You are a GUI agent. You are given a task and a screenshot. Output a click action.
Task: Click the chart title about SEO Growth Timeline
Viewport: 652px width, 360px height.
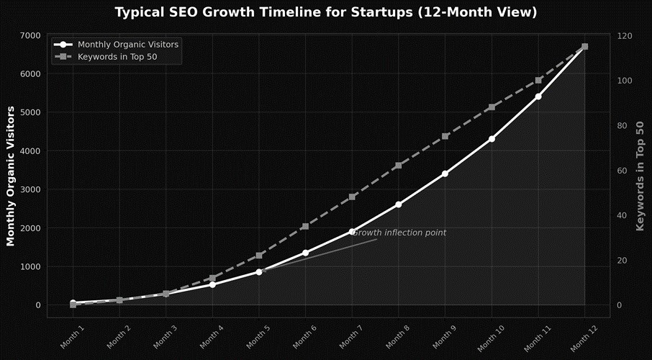(x=326, y=12)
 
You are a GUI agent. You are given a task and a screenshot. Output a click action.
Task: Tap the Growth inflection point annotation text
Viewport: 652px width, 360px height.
(x=399, y=233)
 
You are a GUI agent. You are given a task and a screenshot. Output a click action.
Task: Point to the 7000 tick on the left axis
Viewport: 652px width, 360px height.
(x=30, y=35)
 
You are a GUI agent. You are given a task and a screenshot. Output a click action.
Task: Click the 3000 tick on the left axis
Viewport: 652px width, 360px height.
(x=30, y=189)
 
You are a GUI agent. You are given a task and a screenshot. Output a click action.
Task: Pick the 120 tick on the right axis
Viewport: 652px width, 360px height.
(x=622, y=35)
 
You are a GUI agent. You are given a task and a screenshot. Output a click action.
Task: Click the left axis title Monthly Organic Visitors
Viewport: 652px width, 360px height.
(x=11, y=176)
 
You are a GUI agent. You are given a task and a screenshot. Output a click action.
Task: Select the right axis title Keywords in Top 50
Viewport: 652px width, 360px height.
(x=640, y=176)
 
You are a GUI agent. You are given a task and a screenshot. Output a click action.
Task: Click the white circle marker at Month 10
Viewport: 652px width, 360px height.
(x=492, y=139)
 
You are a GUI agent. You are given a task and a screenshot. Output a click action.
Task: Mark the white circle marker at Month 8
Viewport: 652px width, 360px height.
(x=399, y=204)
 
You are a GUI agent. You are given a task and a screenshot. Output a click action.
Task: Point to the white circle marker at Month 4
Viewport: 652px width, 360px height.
(x=212, y=284)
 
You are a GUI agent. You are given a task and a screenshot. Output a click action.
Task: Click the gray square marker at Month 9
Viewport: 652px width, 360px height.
(x=445, y=136)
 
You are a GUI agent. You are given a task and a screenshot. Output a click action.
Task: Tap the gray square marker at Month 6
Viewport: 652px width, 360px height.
(x=305, y=226)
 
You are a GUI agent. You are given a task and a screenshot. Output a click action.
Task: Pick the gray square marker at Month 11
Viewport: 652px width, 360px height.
(x=538, y=80)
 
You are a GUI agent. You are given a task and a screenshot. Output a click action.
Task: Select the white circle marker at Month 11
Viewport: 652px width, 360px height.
(x=538, y=96)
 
